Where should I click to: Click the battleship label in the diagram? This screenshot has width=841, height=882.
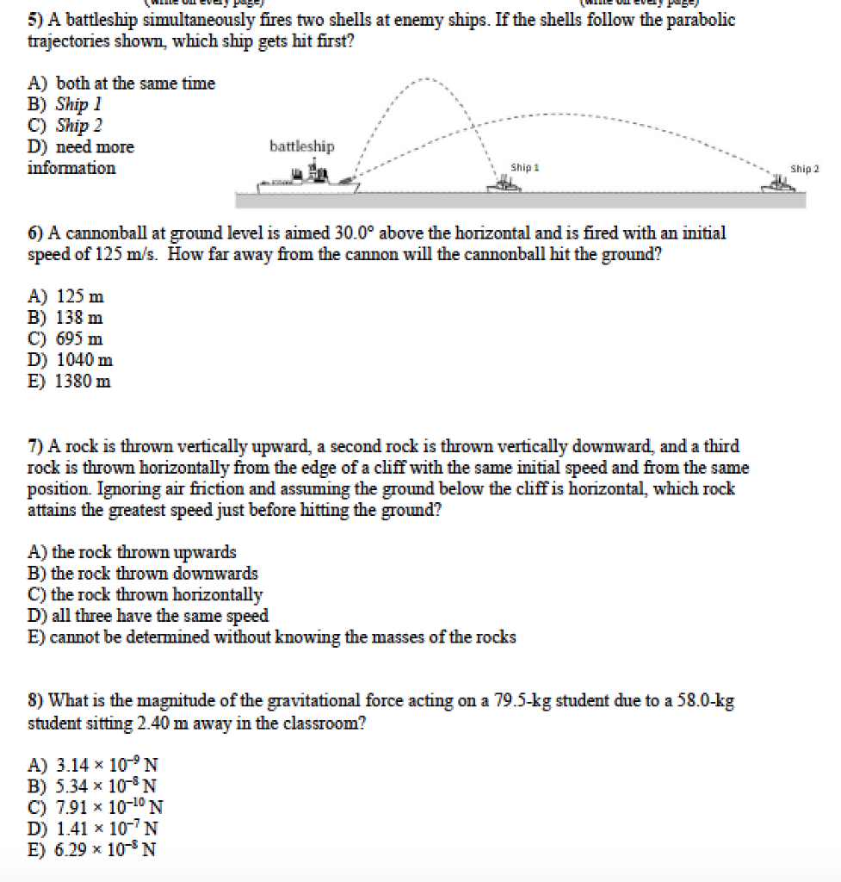click(x=301, y=146)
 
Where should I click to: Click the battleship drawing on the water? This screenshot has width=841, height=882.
click(x=310, y=180)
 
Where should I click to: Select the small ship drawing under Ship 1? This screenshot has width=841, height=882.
click(x=504, y=183)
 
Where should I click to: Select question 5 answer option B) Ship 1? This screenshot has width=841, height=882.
click(x=78, y=104)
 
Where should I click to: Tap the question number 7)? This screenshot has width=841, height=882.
click(x=36, y=446)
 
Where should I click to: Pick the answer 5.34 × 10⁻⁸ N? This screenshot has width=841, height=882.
click(x=106, y=786)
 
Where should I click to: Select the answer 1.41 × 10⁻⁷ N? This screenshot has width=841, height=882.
click(x=106, y=829)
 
